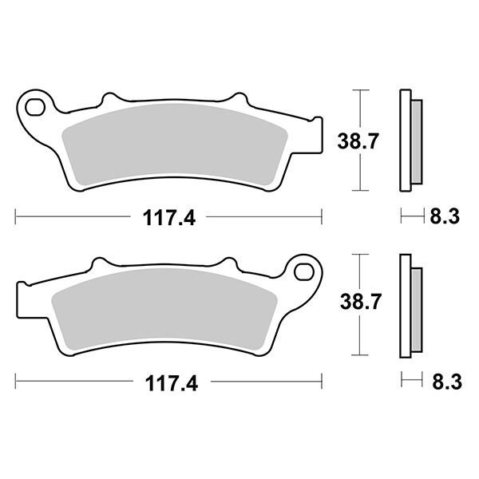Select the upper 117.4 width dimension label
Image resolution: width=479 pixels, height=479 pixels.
168,216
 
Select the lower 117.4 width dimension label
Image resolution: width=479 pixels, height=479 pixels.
168,382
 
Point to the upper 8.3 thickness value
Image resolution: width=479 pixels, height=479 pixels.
444,216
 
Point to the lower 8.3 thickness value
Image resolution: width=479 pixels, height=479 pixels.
444,382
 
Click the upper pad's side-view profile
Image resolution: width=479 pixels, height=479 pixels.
406,141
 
